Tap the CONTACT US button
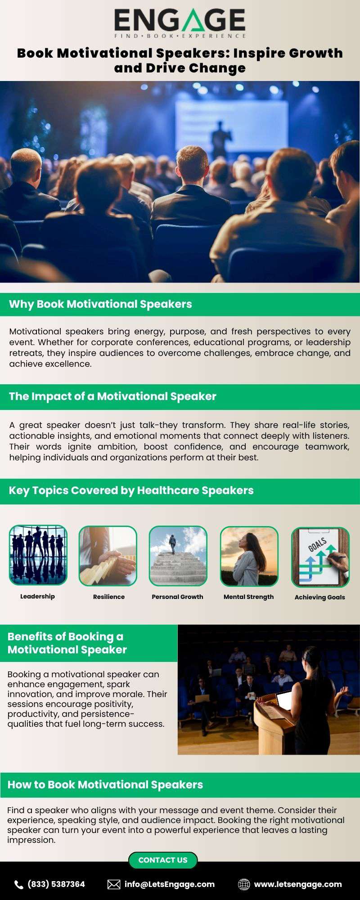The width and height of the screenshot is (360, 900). [163, 860]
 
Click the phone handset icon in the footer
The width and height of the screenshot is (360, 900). [19, 885]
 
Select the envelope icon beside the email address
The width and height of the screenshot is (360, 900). [114, 885]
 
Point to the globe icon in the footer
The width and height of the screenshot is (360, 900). [244, 885]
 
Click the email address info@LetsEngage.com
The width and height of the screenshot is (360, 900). [170, 884]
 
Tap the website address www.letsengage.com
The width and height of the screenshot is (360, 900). [298, 884]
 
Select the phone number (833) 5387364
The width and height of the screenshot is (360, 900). [56, 884]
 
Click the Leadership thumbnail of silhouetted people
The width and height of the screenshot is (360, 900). [38, 555]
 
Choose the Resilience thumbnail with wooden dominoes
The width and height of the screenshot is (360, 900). [108, 556]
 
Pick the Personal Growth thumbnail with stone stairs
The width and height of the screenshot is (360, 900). [178, 556]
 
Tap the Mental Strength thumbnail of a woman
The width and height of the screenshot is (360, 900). [249, 556]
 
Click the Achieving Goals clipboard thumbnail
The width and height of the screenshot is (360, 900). [320, 557]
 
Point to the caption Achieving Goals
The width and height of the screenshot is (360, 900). [320, 597]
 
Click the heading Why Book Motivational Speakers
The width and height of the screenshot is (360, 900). [100, 304]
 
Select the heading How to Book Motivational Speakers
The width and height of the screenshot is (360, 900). [105, 785]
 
